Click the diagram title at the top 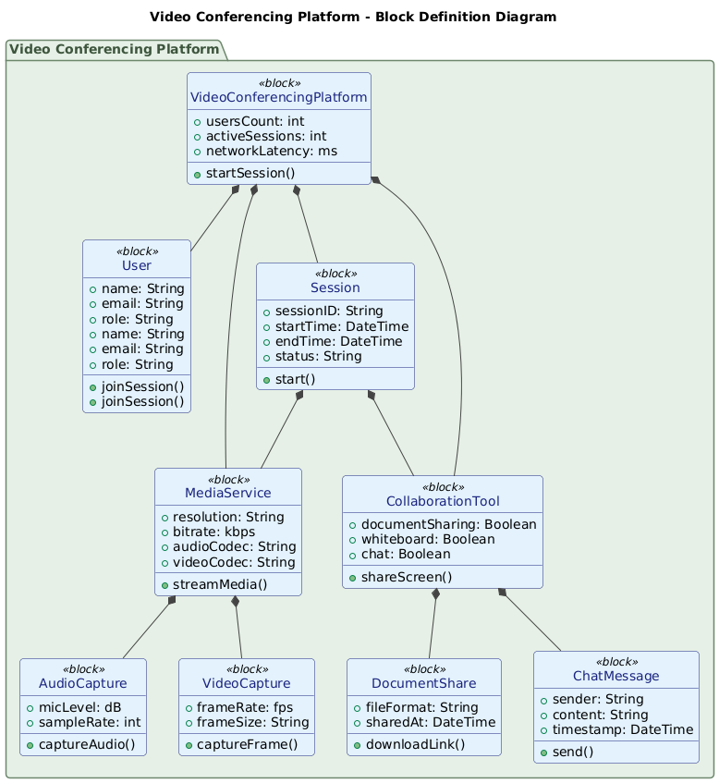coord(353,17)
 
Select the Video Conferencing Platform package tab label coord(114,49)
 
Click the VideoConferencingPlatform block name coord(278,98)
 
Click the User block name coord(137,266)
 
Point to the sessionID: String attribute coord(335,312)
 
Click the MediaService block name coord(228,494)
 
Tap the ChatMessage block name coord(615,677)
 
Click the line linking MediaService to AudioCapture coord(146,629)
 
